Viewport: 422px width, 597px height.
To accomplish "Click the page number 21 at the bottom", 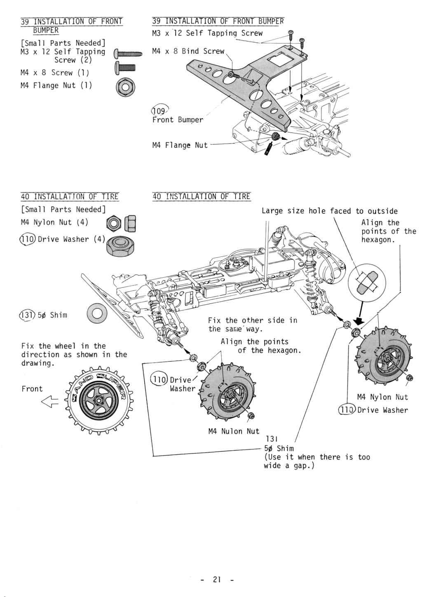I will click(x=217, y=579).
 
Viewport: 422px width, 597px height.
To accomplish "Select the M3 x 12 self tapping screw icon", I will click(x=128, y=54).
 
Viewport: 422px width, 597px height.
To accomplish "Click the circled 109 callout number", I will click(x=158, y=110).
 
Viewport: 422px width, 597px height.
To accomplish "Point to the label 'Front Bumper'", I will click(x=178, y=120).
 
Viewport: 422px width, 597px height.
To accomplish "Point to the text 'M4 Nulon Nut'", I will click(x=234, y=431).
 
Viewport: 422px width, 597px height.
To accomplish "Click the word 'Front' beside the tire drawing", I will click(x=32, y=389).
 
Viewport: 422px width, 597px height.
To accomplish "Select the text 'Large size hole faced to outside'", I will click(x=330, y=211).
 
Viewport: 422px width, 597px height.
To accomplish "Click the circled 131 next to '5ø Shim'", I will click(x=26, y=315).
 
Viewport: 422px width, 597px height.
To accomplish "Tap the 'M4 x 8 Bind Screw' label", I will click(x=188, y=51).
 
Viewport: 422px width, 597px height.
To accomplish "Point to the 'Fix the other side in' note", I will click(x=252, y=320).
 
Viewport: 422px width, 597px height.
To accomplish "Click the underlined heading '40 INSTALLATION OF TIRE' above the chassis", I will click(x=201, y=196).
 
